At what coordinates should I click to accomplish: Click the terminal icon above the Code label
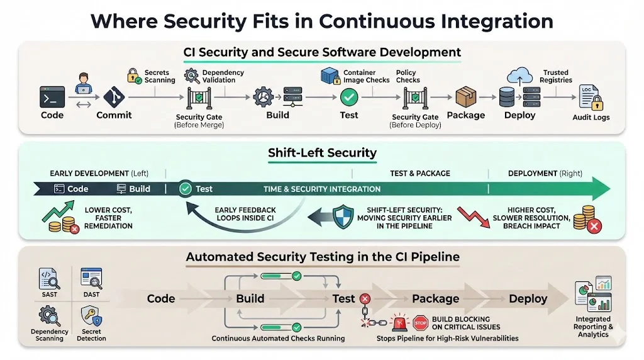[52, 98]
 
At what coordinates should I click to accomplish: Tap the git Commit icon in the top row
[114, 98]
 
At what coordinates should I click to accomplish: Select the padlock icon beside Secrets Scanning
[133, 76]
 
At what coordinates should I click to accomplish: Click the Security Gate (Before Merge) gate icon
[198, 99]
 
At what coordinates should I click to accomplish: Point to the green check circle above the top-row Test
[348, 98]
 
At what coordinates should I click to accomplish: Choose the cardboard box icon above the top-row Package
[465, 98]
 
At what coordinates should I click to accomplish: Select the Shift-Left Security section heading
[322, 153]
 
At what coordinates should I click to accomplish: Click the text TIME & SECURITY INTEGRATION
[322, 189]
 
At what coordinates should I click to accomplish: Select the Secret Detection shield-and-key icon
[92, 315]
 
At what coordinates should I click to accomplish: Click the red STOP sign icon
[420, 323]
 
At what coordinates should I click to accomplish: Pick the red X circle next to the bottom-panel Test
[365, 299]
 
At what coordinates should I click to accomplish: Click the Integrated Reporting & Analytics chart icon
[593, 295]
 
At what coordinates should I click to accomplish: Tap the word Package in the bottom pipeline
[435, 299]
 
